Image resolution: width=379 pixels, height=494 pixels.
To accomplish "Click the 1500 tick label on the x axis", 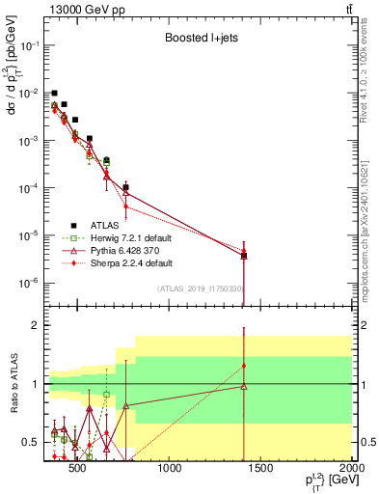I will coord(261,470).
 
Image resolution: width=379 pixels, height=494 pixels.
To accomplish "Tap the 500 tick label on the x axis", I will coord(80,470).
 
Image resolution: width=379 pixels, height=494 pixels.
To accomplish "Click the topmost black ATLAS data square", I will coord(55,94).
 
